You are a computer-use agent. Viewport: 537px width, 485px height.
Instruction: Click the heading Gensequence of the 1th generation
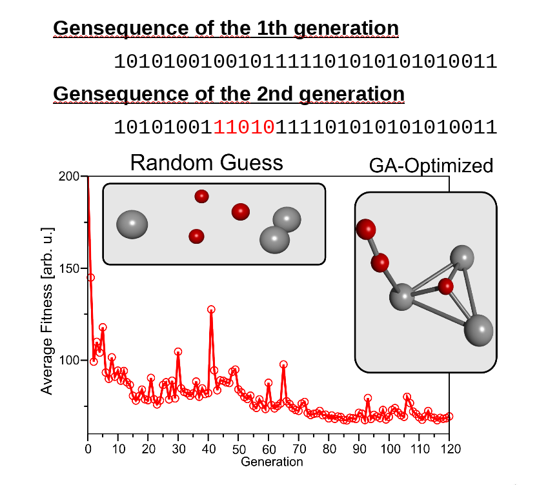tap(225, 29)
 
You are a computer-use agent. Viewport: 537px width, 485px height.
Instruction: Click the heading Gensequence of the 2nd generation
tap(228, 94)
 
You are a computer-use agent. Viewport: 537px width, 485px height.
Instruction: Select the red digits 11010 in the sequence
tap(245, 126)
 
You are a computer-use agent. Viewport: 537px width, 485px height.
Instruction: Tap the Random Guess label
tap(207, 163)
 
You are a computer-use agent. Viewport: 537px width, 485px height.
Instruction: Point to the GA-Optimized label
tap(431, 166)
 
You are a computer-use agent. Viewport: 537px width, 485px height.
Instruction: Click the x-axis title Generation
tap(272, 462)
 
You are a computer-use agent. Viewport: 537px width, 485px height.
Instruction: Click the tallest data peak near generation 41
tap(211, 310)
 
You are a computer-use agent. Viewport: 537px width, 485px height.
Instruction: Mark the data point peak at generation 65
tap(283, 364)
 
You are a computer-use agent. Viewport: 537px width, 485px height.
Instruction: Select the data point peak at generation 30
tap(178, 351)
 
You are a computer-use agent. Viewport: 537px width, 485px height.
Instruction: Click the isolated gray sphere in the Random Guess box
tap(132, 224)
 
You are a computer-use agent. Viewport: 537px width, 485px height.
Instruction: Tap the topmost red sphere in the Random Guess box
tap(201, 196)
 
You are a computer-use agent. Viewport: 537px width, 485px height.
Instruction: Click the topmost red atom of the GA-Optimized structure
tap(366, 228)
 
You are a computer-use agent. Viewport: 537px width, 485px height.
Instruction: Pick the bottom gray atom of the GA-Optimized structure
tap(478, 330)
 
